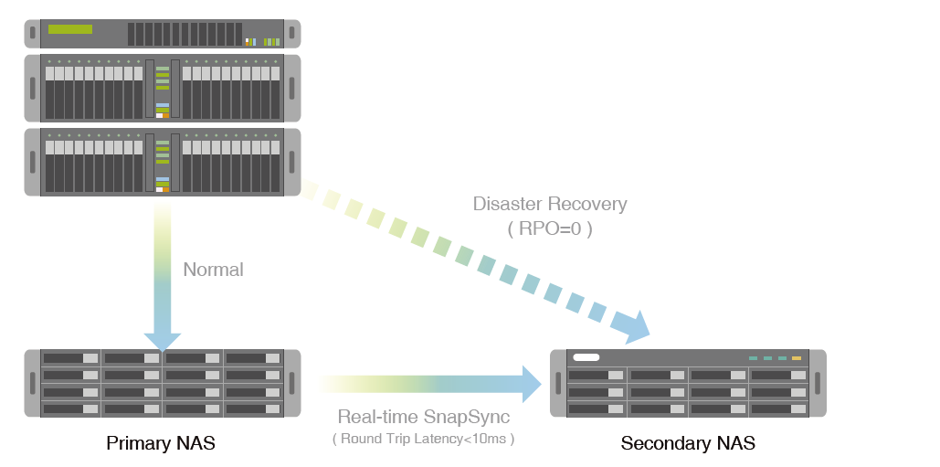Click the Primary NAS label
pos(161,444)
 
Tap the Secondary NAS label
pos(688,444)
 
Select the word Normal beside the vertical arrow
pos(213,270)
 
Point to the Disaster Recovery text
pos(550,204)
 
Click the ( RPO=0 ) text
pos(550,228)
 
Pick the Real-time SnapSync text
pos(424,417)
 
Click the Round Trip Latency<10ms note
pos(424,439)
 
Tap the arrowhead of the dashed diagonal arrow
pos(633,324)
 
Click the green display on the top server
pos(70,29)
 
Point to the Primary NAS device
pos(163,383)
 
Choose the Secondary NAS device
pos(688,384)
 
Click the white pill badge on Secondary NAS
pos(586,358)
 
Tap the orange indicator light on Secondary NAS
pos(797,358)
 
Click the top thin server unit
pos(163,34)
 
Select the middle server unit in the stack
pos(163,88)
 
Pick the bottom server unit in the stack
pos(163,161)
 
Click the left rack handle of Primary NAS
pos(32,383)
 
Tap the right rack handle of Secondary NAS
pos(819,384)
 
